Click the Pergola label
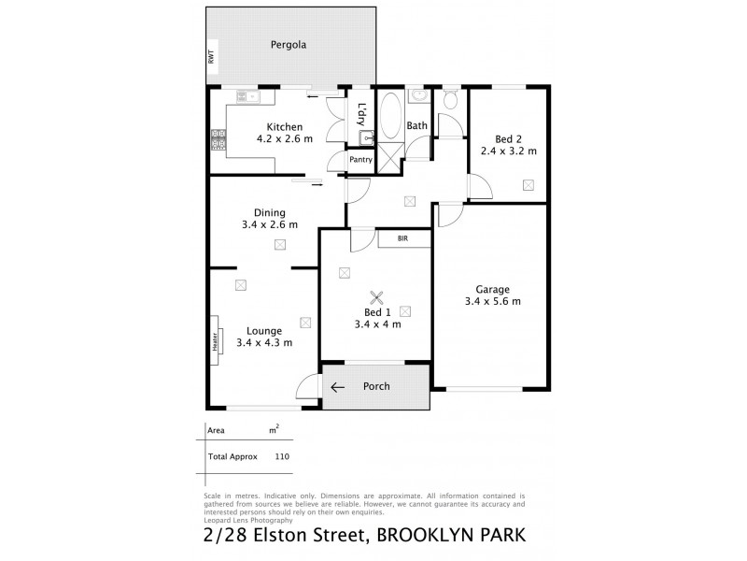[289, 44]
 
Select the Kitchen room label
[284, 127]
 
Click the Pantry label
[361, 160]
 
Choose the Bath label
[416, 125]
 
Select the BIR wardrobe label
[403, 239]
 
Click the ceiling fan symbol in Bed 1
[377, 298]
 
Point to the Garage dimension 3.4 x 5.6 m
[492, 301]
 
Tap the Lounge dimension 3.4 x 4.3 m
[264, 343]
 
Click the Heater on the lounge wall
[215, 341]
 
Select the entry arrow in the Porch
[337, 387]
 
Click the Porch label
[376, 386]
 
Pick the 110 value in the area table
[282, 456]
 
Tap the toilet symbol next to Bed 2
[449, 101]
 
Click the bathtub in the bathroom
[390, 117]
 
